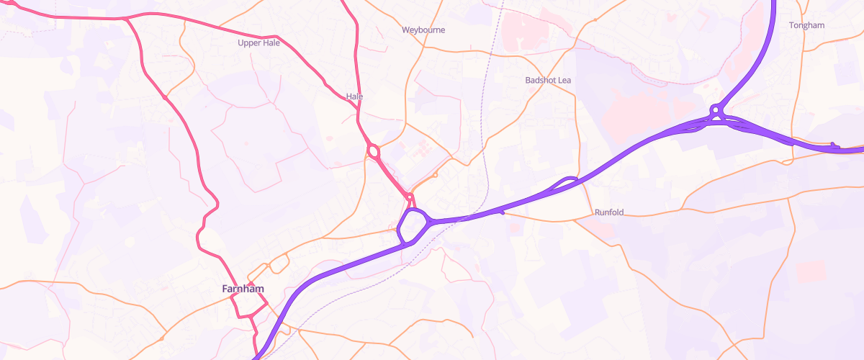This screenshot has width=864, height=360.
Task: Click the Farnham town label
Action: tap(243, 289)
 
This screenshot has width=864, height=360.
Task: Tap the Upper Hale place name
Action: tap(258, 42)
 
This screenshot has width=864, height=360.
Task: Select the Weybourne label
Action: tap(423, 30)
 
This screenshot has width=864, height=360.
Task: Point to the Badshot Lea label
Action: tap(548, 80)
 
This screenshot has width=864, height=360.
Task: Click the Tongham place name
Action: tap(806, 25)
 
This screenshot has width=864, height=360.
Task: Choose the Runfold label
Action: tap(609, 212)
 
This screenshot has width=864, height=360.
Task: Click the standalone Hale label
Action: tap(354, 96)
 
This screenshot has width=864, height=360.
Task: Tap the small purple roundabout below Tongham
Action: tap(715, 109)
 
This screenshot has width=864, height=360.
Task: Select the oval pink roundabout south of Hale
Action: tap(373, 151)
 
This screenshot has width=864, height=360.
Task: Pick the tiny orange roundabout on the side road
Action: tap(436, 175)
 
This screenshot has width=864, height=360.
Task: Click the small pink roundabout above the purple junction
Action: tap(409, 197)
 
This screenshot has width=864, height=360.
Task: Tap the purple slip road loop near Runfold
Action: tap(568, 181)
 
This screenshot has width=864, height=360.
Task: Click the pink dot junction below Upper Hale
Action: tap(165, 96)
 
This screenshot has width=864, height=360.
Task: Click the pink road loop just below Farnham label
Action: tap(248, 309)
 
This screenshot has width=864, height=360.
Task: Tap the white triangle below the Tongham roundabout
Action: tap(714, 122)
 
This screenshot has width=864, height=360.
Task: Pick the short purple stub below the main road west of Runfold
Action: tap(501, 213)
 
